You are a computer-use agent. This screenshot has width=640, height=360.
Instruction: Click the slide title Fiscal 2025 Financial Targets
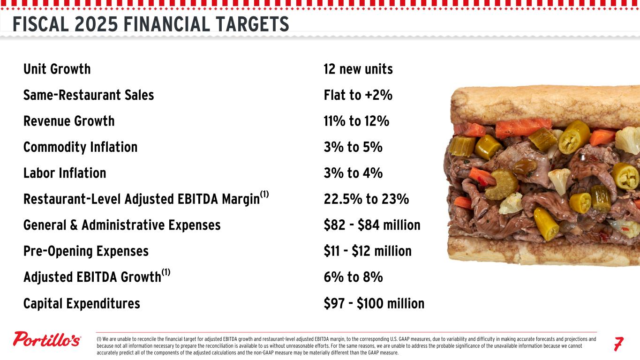pos(151,24)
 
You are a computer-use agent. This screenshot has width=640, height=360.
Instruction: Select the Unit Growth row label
pos(57,69)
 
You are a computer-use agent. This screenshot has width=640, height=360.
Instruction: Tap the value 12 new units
pos(358,69)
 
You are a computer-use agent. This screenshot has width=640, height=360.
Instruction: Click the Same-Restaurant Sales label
pos(89,95)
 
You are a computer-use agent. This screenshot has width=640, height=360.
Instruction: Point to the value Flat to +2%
pos(358,95)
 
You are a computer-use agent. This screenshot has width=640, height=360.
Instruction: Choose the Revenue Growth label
pos(69,121)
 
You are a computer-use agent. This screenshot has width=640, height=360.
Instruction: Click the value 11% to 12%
pos(356,121)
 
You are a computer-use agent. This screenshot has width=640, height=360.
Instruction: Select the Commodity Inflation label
pos(80,147)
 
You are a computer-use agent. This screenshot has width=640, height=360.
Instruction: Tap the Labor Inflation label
pos(65,173)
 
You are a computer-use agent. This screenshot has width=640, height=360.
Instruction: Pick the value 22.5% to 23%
pos(366,199)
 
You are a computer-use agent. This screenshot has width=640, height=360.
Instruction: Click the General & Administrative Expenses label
pos(122,225)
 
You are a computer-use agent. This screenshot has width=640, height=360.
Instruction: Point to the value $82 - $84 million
pos(372,225)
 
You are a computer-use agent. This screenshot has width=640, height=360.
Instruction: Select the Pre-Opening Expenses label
pos(86,251)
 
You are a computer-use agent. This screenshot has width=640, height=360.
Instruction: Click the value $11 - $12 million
pos(368,251)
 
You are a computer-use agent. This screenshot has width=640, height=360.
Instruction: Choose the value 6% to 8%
pos(353,277)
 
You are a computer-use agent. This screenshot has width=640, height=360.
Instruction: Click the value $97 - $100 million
pos(374,303)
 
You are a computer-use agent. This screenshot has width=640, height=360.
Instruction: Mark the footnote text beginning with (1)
pos(346,345)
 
